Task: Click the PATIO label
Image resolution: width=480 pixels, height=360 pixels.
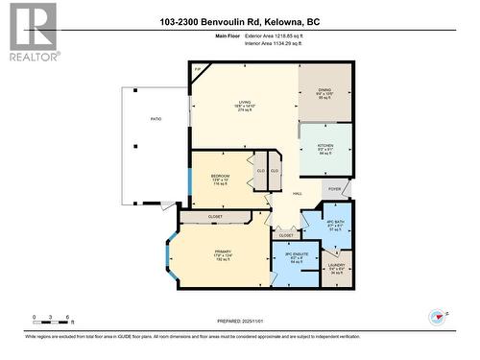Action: [x=155, y=119]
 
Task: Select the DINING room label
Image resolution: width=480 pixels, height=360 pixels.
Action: [x=324, y=89]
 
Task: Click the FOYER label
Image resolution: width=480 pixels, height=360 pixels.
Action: [x=335, y=189]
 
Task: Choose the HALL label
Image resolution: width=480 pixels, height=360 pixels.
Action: [x=299, y=195]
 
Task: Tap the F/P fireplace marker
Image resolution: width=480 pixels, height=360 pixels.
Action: [x=196, y=70]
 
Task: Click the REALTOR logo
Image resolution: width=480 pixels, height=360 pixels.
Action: [x=31, y=32]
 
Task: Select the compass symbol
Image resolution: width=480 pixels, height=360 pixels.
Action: [x=439, y=316]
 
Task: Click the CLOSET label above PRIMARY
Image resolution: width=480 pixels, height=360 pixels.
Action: [x=214, y=217]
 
